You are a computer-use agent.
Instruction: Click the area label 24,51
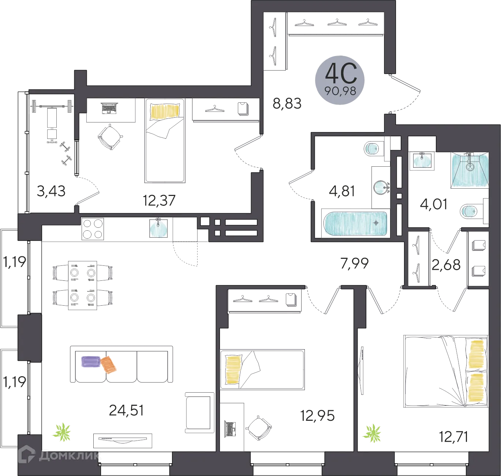pyautogui.click(x=126, y=410)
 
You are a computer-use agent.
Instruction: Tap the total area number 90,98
pyautogui.click(x=340, y=91)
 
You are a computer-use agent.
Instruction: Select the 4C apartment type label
pyautogui.click(x=341, y=73)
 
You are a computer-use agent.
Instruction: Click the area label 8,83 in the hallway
pyautogui.click(x=287, y=103)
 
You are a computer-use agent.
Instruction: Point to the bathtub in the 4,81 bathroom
pyautogui.click(x=355, y=224)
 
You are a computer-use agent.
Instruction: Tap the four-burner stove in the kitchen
pyautogui.click(x=93, y=229)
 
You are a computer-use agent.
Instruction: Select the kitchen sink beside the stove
pyautogui.click(x=158, y=228)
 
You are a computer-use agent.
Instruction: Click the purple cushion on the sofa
pyautogui.click(x=91, y=362)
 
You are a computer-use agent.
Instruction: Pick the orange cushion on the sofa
pyautogui.click(x=109, y=365)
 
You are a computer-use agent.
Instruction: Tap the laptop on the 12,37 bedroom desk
pyautogui.click(x=109, y=108)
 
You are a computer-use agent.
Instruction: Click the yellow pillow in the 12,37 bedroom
pyautogui.click(x=165, y=111)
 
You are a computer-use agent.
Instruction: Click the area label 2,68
pyautogui.click(x=446, y=264)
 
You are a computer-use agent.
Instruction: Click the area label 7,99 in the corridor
pyautogui.click(x=355, y=263)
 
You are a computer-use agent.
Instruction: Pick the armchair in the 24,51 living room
pyautogui.click(x=199, y=413)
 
